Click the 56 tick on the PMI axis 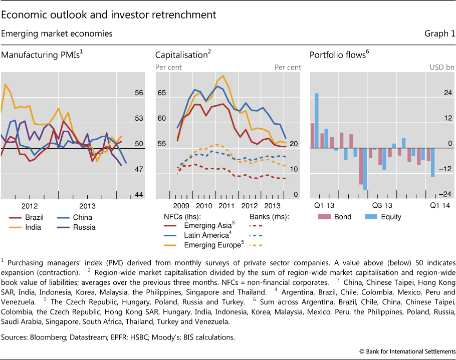pos(139,93)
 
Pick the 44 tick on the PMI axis pos(139,195)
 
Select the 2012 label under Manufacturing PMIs pos(30,206)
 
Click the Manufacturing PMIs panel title pos(40,55)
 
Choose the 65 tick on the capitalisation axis pos(161,93)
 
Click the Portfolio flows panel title pos(338,55)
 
